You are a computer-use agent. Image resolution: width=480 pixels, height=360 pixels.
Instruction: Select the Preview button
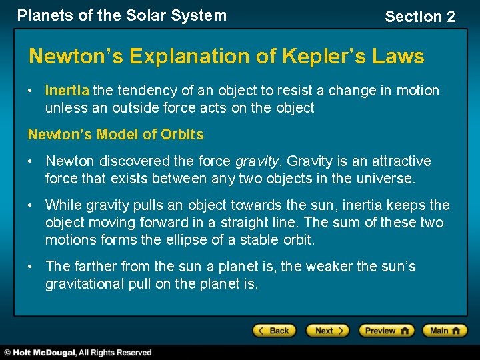pos(386,331)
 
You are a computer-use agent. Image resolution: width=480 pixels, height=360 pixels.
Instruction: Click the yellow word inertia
pos(67,90)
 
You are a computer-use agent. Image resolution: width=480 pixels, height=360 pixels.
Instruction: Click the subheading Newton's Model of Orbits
pos(115,134)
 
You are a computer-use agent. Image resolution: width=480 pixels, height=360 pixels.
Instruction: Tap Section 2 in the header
pos(419,17)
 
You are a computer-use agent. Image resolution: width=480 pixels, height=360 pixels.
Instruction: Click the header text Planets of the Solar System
pos(121,15)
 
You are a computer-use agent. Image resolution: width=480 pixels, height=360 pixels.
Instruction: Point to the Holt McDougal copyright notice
pos(79,353)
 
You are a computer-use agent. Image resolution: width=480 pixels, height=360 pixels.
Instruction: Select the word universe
pos(385,179)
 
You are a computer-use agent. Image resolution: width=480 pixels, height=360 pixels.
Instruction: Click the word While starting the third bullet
pos(63,205)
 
